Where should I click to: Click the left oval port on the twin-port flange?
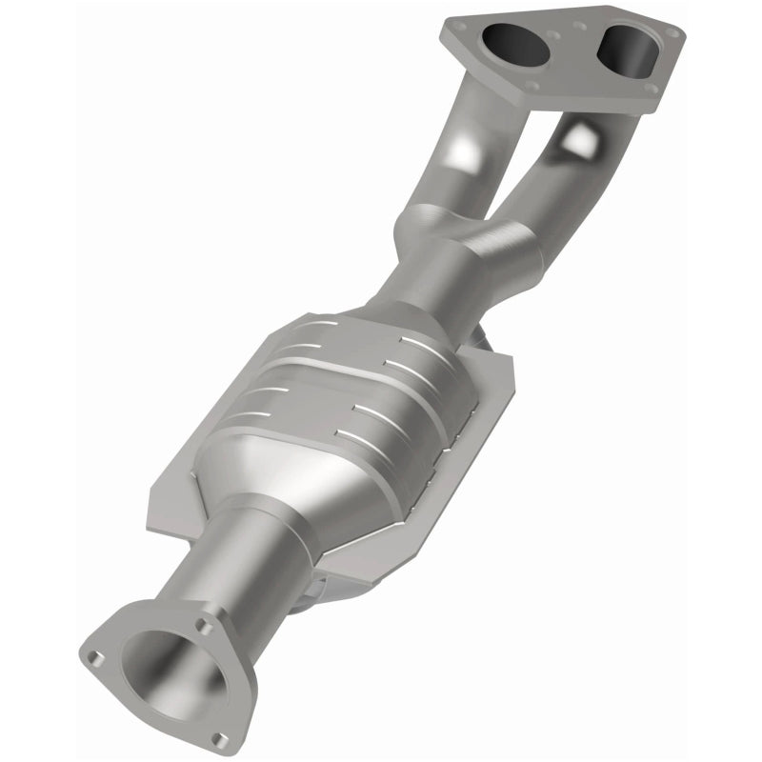point(515,44)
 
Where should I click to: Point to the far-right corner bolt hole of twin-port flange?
point(672,32)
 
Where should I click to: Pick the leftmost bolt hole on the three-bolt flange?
point(93,657)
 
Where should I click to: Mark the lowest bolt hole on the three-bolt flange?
point(220,738)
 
